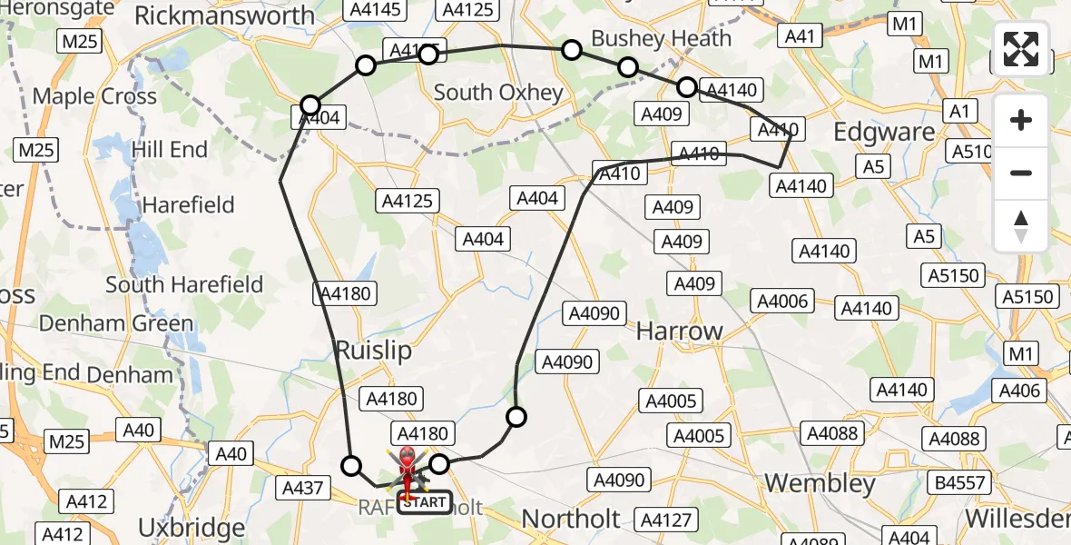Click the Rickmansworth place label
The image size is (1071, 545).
tap(224, 15)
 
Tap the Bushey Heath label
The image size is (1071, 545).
tap(661, 38)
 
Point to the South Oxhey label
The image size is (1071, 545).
tap(498, 92)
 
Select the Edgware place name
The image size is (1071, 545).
tap(884, 132)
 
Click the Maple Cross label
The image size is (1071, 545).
tap(94, 96)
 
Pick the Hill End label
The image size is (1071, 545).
tap(170, 149)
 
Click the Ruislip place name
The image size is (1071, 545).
tap(374, 351)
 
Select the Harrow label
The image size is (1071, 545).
tap(679, 332)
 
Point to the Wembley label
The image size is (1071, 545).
tap(821, 482)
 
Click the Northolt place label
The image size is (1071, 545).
tap(571, 520)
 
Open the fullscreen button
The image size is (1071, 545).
tap(1021, 49)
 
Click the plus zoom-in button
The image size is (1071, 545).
tap(1021, 120)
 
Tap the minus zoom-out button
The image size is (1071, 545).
tap(1021, 173)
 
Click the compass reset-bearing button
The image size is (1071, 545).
tap(1021, 225)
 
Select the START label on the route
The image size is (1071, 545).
tap(424, 501)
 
